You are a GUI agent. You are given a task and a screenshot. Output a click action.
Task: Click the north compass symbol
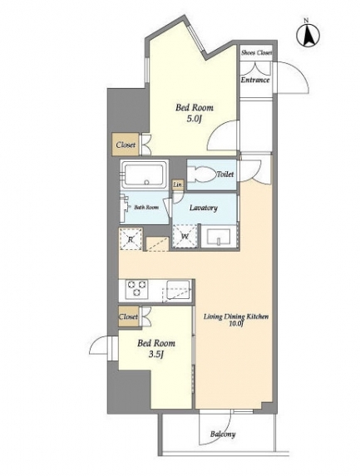(x=308, y=34)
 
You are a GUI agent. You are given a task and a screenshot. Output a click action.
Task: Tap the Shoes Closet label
(x=256, y=52)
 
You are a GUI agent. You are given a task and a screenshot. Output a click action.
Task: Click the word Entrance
(x=255, y=80)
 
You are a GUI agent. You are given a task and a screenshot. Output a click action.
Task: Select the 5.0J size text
(x=195, y=119)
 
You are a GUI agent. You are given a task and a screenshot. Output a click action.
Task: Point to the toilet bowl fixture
(x=201, y=174)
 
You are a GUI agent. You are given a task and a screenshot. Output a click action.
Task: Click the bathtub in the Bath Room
(x=145, y=175)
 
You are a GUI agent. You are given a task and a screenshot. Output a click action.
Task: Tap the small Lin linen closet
(x=178, y=184)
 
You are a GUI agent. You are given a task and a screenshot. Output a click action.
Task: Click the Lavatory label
(x=204, y=208)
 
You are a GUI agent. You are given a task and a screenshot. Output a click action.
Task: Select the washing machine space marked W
(x=185, y=237)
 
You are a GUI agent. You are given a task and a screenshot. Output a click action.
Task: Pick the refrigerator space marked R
(x=131, y=239)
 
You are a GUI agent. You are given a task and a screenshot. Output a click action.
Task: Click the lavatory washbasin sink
(x=219, y=237)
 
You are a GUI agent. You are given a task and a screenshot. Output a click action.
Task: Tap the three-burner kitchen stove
(x=137, y=288)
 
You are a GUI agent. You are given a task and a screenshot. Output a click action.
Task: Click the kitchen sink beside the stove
(x=178, y=289)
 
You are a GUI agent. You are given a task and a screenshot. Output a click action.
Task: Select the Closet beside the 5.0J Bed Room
(x=126, y=145)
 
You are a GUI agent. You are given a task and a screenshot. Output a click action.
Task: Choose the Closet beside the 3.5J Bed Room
(x=129, y=317)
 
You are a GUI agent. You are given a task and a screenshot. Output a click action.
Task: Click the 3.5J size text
(x=156, y=354)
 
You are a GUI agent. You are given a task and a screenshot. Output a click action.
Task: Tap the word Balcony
(x=223, y=434)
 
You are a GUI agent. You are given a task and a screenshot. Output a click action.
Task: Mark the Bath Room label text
(x=146, y=208)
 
